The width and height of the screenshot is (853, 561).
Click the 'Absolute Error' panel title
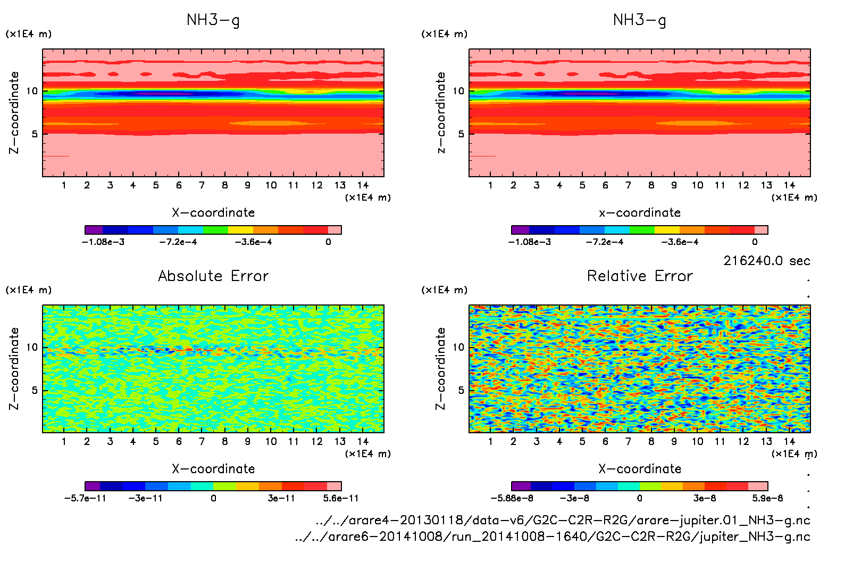[213, 276]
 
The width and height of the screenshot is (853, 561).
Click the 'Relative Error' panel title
[640, 276]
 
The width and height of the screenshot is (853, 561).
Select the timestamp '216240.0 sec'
[766, 261]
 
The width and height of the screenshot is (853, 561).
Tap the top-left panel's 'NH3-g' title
[213, 20]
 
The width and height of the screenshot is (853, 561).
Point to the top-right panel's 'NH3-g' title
[640, 20]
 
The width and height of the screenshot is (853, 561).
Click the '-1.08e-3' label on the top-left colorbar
[103, 242]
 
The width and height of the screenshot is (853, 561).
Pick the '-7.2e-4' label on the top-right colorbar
[605, 242]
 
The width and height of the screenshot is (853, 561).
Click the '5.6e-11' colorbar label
[341, 498]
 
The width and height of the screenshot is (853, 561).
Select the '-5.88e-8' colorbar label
[512, 498]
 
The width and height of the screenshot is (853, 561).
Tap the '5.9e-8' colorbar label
[767, 498]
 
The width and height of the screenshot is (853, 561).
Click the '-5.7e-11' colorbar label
[85, 498]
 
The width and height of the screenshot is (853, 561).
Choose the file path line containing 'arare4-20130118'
[563, 520]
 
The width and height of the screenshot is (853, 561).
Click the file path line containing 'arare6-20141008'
[553, 537]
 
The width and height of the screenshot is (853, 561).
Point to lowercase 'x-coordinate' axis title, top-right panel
[640, 212]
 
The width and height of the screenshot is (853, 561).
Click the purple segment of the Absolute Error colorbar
[93, 486]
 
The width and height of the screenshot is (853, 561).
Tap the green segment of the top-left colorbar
[215, 230]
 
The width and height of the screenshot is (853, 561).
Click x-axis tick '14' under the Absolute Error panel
[363, 441]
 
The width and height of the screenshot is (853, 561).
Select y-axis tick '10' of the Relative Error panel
[458, 348]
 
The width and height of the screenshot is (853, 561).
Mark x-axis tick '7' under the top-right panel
[628, 185]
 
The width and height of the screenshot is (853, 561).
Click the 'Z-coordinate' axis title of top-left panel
[14, 113]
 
